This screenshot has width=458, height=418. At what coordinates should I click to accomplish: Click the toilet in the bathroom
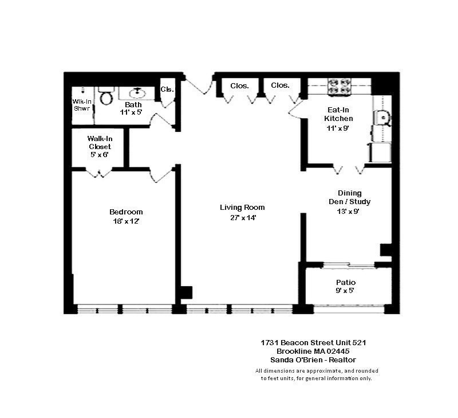(106, 97)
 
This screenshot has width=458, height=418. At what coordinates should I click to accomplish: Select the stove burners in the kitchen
(338, 86)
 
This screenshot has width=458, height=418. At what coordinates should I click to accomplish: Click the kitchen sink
(382, 118)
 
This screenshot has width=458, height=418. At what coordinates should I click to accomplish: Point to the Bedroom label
(126, 212)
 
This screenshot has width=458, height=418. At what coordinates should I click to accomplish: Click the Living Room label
(242, 208)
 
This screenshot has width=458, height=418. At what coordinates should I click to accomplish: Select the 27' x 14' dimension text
(242, 218)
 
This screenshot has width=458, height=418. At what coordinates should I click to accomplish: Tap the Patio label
(346, 282)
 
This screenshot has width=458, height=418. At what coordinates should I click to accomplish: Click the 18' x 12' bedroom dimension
(126, 222)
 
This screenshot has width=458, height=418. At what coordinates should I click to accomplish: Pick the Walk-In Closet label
(99, 142)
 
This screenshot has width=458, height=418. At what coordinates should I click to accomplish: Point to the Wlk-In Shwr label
(81, 105)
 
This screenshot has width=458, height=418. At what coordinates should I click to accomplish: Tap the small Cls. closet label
(167, 89)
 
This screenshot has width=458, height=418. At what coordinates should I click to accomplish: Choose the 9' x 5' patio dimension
(345, 291)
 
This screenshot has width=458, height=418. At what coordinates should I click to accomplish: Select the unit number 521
(358, 342)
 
